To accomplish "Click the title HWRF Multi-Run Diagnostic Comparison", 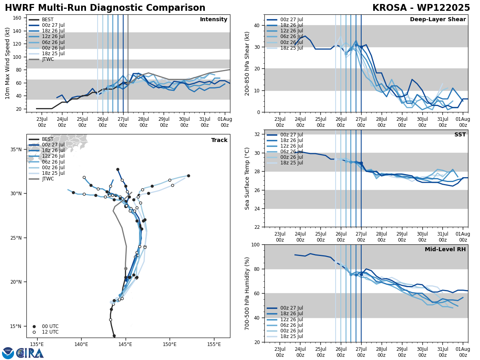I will coord(105,8).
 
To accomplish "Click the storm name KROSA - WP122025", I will coord(421,8).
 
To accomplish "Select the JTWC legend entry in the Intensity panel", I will coord(48,59).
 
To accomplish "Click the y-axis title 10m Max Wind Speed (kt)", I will coord(8,63).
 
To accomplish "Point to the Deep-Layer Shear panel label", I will coord(438,20).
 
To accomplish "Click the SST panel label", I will coord(460,135).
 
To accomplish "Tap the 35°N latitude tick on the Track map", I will coord(16,150).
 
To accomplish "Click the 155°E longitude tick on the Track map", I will coord(214,344).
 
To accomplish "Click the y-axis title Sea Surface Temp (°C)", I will coord(247,178).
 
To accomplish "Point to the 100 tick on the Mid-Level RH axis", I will coord(256,244).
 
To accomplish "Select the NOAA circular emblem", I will coord(8,353).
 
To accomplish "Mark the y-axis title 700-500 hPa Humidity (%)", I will coord(247,293).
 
